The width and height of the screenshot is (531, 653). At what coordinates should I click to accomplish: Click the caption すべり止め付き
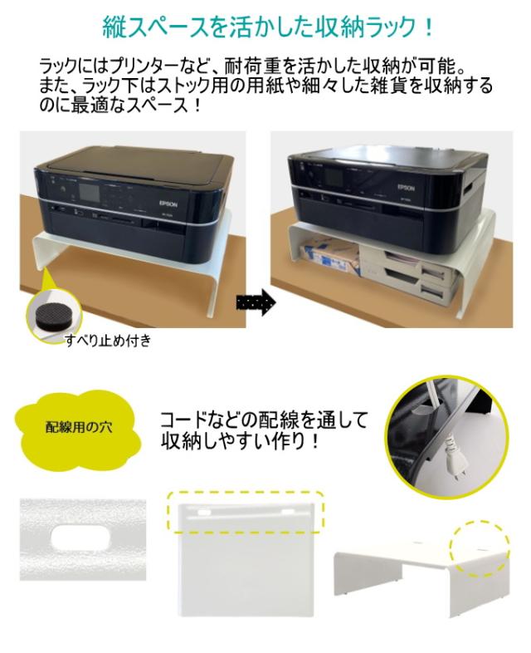[x=108, y=341]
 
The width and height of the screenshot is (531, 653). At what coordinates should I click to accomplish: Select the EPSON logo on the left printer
[x=168, y=204]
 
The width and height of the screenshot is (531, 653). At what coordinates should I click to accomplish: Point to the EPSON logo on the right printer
[x=406, y=188]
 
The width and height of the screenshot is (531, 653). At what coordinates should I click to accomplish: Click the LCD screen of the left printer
[x=90, y=193]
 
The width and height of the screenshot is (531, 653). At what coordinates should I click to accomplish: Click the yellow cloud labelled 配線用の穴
[x=78, y=427]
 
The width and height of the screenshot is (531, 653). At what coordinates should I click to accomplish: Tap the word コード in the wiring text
[x=186, y=420]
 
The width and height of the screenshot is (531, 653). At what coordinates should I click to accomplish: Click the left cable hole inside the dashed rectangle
[x=203, y=511]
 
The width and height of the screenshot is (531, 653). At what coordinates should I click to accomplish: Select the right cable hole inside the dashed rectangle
[x=288, y=511]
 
